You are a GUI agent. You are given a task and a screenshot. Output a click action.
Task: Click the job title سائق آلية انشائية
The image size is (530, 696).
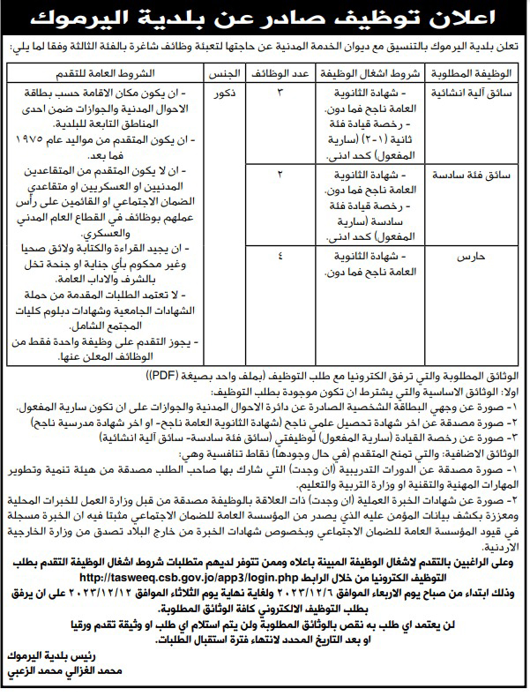(x=472, y=92)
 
